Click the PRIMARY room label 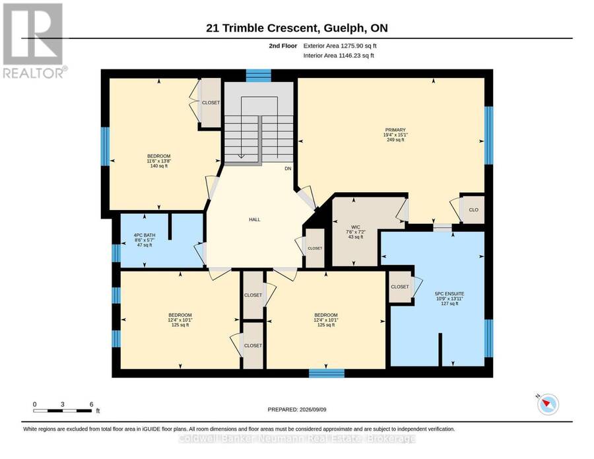[395, 129]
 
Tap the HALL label [255, 219]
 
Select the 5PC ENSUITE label [449, 294]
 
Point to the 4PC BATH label [145, 235]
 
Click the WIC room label [355, 227]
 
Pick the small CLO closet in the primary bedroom [473, 209]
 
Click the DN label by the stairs [288, 168]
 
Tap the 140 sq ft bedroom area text [158, 166]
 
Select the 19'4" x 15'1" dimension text [395, 135]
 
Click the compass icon [548, 404]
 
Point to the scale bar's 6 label [91, 404]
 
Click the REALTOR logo [34, 41]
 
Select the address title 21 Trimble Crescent [261, 28]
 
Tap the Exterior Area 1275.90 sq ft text [340, 46]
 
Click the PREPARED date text [297, 409]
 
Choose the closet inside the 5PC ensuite [400, 287]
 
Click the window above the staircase [258, 75]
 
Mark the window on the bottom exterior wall [327, 373]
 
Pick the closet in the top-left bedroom [211, 103]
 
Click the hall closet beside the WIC [315, 248]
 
